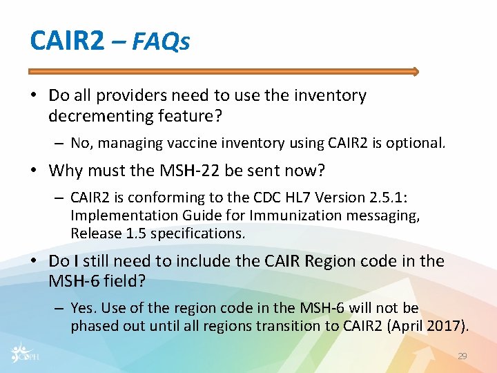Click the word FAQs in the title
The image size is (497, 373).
point(160,42)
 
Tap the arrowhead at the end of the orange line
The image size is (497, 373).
point(415,71)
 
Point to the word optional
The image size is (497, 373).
point(417,144)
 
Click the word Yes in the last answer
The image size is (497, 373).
point(81,308)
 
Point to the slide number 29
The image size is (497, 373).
point(462,356)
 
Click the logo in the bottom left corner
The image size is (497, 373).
point(25,352)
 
